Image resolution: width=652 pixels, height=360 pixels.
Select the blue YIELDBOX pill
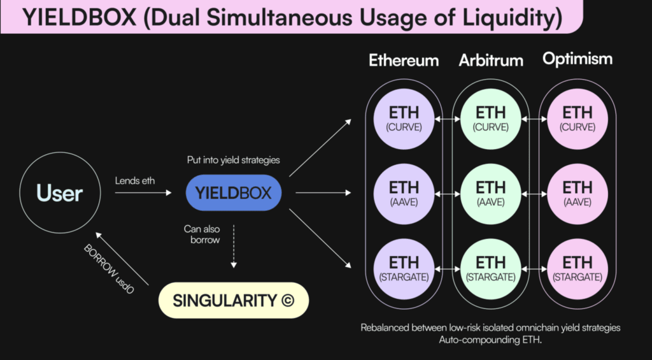click(x=233, y=192)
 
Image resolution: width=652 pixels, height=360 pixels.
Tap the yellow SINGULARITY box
click(x=234, y=301)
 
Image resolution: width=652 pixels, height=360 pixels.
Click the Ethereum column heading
click(x=404, y=61)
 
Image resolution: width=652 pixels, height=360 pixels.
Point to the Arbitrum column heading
click(x=491, y=61)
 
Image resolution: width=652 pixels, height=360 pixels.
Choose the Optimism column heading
click(x=578, y=59)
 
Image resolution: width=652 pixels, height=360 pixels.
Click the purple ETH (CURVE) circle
click(x=404, y=119)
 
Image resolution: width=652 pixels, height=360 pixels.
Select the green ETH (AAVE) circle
click(x=491, y=194)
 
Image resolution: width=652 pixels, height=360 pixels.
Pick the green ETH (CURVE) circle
click(x=491, y=119)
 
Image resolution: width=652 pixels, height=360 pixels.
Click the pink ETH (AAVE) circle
click(x=578, y=194)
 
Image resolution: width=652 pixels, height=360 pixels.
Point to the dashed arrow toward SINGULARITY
click(x=233, y=246)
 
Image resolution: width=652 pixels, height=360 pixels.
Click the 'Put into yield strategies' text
click(x=233, y=160)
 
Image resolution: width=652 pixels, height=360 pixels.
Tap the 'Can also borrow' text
click(x=202, y=234)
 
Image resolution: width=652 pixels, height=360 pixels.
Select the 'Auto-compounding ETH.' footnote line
click(x=490, y=340)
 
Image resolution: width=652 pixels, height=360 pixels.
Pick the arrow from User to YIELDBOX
click(x=143, y=192)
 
